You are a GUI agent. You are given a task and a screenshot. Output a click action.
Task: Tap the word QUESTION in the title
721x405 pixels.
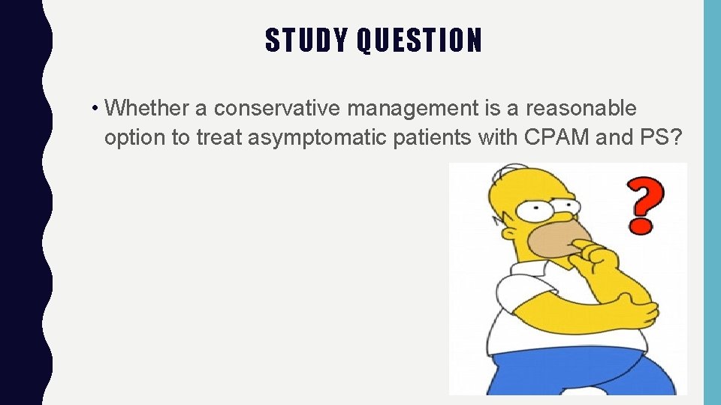click(x=419, y=40)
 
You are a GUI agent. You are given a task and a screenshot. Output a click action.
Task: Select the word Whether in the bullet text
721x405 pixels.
click(x=147, y=109)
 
